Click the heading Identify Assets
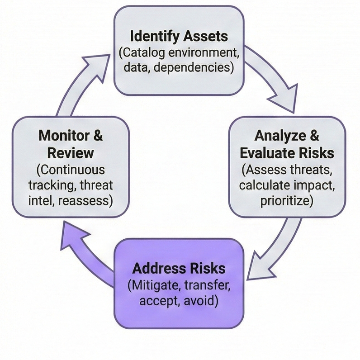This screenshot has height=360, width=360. [x=179, y=36]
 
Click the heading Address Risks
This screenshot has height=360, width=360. [x=179, y=268]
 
